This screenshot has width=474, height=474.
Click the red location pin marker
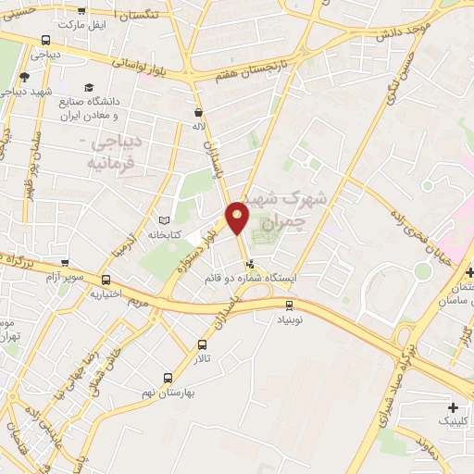coord(238,216)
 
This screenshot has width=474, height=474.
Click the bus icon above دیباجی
coord(46,40)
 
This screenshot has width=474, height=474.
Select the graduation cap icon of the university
coord(88,87)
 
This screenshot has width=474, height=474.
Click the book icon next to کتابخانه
coord(166,220)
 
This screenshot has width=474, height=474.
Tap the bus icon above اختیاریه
coord(106,280)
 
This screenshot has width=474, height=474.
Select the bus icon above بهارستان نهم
coord(168,378)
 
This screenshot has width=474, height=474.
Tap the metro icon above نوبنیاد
coord(290,304)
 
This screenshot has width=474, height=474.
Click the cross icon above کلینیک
coord(453,407)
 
